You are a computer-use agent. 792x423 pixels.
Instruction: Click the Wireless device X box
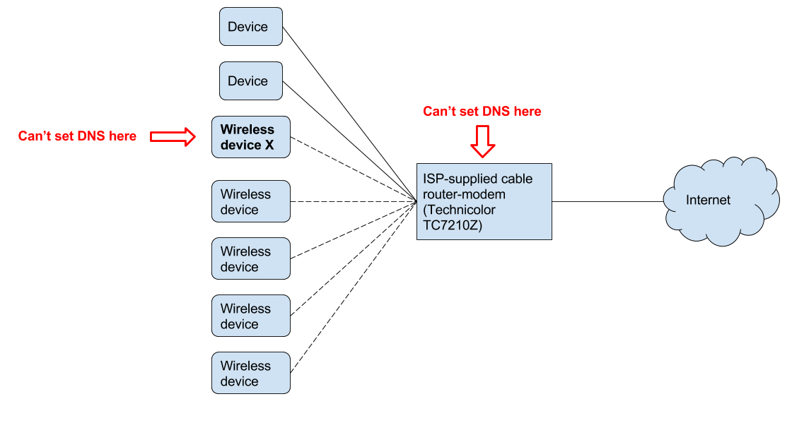click(251, 137)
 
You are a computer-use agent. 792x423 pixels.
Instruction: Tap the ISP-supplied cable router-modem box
click(484, 202)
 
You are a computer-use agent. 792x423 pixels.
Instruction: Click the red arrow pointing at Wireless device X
click(173, 136)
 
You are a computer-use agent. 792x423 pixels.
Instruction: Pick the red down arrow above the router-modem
click(483, 141)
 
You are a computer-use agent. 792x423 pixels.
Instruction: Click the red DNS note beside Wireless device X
click(77, 136)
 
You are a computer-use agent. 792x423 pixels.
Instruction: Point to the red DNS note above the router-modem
click(482, 112)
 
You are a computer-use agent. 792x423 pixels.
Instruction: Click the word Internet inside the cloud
click(708, 201)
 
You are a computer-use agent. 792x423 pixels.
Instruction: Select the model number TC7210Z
click(452, 225)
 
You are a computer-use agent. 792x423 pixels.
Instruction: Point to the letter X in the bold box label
click(268, 145)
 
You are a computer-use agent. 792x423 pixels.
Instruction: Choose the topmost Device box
click(251, 27)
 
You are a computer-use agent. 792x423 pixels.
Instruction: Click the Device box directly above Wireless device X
click(251, 81)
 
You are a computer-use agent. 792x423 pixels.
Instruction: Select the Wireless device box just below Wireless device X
click(251, 202)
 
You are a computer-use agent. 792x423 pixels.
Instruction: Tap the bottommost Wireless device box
click(251, 374)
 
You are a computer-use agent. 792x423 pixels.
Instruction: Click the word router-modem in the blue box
click(463, 194)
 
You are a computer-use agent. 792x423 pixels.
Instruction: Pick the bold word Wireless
click(247, 130)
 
